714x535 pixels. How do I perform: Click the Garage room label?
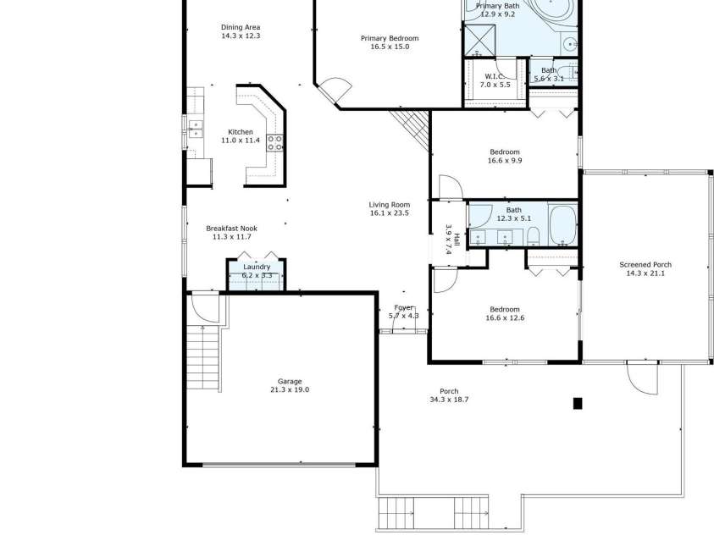point(289,381)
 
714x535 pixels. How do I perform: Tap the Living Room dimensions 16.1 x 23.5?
point(389,213)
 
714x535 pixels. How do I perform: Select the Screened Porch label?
point(645,265)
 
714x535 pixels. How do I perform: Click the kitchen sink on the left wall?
point(196,129)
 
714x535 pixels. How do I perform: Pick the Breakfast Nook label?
point(231,229)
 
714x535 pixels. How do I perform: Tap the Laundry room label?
point(257,267)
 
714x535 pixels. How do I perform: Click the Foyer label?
point(404,308)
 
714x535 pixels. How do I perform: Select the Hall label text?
point(457,239)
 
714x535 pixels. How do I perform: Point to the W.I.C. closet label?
point(495,75)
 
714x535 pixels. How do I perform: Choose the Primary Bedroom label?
point(389,38)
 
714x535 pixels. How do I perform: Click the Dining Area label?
point(241,27)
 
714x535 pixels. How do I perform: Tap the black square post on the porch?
point(578,403)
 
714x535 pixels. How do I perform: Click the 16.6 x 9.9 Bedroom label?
point(505,152)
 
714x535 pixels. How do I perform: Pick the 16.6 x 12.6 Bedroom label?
point(505,309)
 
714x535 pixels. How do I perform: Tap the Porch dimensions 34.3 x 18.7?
point(449,400)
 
